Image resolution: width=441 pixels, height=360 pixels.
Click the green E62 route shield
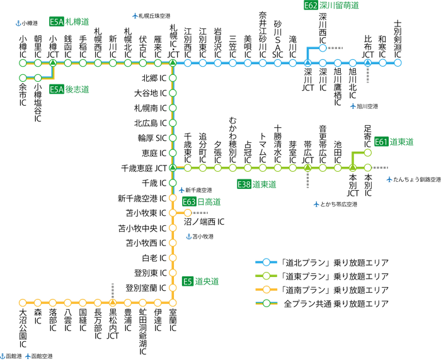(x=311, y=5)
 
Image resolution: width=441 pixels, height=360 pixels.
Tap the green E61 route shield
(x=381, y=142)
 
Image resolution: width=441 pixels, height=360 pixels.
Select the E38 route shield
(x=244, y=184)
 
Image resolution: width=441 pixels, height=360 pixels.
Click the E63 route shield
(x=189, y=201)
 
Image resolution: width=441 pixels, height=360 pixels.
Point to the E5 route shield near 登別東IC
(x=188, y=281)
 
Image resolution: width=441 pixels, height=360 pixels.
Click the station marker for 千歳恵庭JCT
(x=172, y=168)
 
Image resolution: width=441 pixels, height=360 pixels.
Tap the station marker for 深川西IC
(x=323, y=48)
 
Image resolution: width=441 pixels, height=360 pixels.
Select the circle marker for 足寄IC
(x=368, y=152)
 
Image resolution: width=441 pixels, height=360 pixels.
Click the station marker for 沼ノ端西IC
(x=187, y=213)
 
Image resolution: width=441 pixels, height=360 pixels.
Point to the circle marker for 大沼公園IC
(x=23, y=302)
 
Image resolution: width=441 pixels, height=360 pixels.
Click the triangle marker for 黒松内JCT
(x=113, y=302)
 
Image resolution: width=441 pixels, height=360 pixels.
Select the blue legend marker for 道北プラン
(x=266, y=262)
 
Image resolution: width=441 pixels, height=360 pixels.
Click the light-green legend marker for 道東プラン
(x=266, y=276)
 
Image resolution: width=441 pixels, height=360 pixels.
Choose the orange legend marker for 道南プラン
(x=266, y=290)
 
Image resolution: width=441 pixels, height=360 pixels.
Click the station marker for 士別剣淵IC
(x=398, y=62)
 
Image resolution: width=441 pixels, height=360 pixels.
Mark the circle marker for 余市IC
(x=23, y=78)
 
